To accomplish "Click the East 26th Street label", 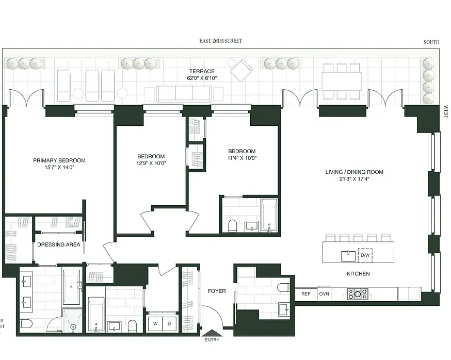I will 220,41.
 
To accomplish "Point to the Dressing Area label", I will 59,244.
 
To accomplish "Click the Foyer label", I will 217,291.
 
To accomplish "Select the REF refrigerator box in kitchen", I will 306,294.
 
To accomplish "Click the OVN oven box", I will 324,294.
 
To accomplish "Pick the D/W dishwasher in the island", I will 365,255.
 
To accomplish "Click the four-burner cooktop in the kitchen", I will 357,294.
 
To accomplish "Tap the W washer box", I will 154,323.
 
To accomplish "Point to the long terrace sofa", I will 184,93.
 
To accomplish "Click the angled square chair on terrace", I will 241,70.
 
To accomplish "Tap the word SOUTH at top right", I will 431,42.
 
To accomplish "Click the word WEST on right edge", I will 446,112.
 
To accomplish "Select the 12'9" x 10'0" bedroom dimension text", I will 151,163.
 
